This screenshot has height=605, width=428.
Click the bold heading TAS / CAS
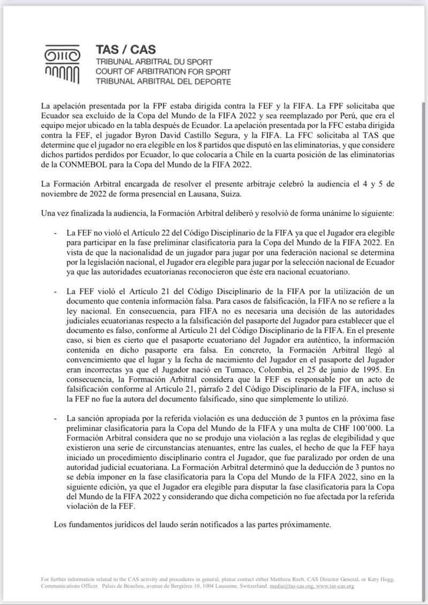pos(126,50)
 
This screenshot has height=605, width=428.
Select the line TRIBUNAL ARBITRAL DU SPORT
pos(153,62)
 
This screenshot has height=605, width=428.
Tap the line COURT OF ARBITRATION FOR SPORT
pos(163,72)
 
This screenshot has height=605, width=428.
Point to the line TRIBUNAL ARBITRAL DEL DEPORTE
pos(163,82)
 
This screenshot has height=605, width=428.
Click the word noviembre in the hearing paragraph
pos(59,194)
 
